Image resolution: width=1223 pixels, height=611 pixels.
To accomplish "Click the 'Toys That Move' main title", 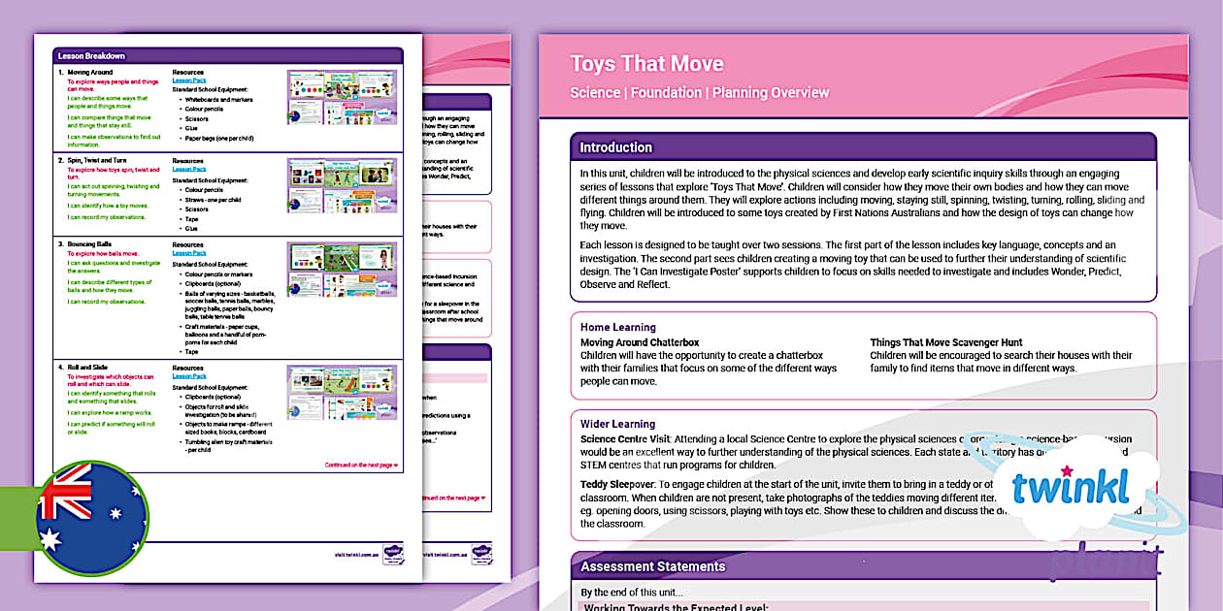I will (646, 64).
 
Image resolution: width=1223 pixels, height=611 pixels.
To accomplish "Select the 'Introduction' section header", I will (615, 147).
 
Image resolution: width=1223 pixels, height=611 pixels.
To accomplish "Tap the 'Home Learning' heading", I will (617, 328).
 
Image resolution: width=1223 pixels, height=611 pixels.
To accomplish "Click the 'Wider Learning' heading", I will (617, 424).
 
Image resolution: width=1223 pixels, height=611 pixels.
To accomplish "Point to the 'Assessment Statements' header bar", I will (651, 566).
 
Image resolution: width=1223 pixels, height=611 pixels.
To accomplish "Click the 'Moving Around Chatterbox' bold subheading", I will (640, 342).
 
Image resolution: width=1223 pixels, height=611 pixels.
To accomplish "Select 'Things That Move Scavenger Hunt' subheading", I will (945, 342).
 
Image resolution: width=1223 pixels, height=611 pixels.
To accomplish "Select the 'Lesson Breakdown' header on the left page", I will (91, 56).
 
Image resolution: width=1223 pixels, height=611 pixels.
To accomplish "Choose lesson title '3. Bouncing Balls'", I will (92, 244).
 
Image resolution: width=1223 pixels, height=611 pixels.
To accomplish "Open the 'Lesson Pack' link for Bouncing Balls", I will (189, 253).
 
